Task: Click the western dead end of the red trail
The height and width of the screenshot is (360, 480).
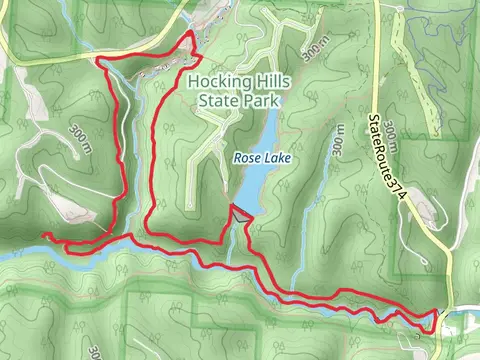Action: pyautogui.click(x=43, y=234)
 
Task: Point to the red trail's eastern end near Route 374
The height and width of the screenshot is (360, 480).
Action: pyautogui.click(x=437, y=311)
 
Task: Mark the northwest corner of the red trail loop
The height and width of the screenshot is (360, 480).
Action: pyautogui.click(x=100, y=61)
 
